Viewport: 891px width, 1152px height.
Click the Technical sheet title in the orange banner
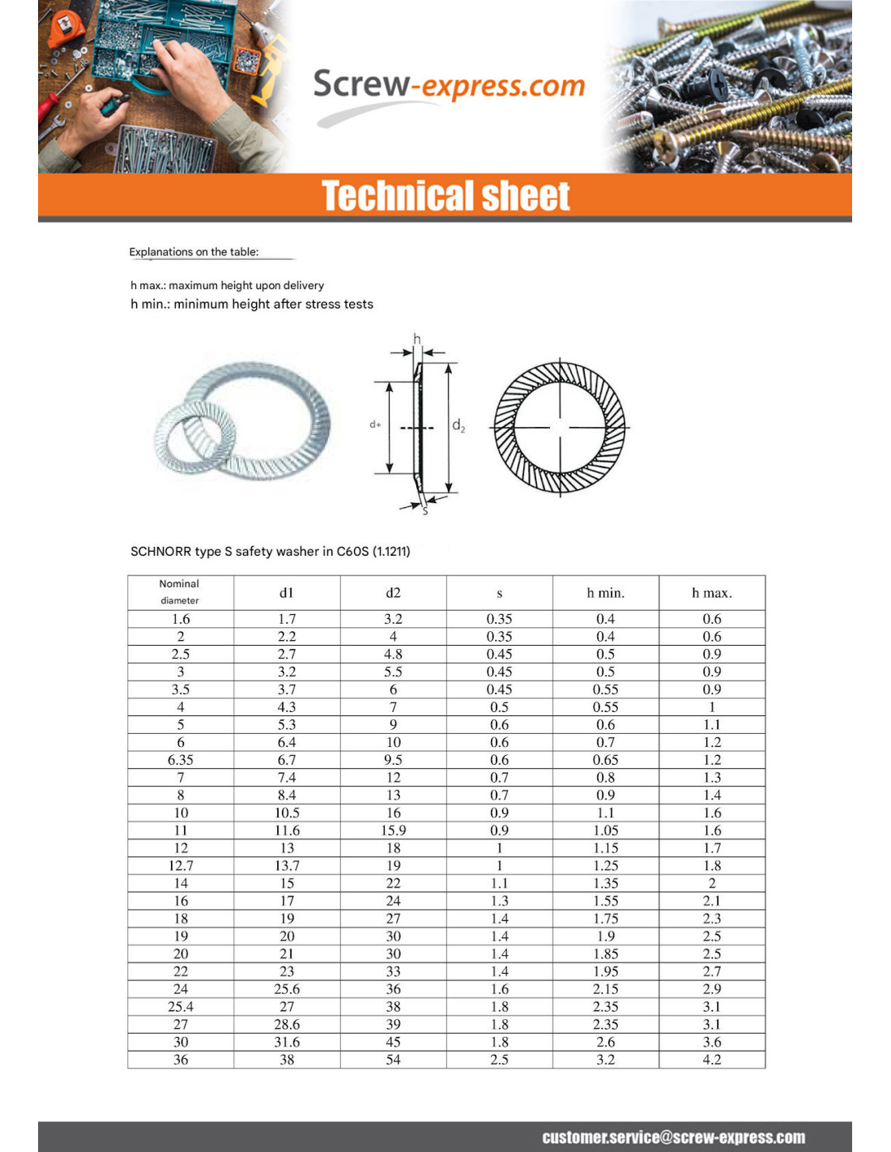tap(446, 196)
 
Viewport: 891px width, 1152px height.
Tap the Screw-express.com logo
tap(448, 86)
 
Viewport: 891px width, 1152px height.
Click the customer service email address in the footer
tap(673, 1137)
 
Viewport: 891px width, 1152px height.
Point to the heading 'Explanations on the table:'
tap(194, 252)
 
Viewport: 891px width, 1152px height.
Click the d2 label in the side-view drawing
tap(458, 425)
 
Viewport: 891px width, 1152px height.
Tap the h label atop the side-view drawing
tap(417, 339)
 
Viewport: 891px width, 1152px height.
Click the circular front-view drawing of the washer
tap(560, 427)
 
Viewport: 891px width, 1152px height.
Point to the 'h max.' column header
tap(711, 593)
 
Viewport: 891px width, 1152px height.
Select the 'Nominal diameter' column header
tap(180, 592)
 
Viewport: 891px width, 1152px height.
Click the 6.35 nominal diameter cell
tap(181, 760)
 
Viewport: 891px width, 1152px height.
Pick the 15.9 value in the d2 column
tap(393, 830)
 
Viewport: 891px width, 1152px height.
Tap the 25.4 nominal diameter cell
tap(181, 1006)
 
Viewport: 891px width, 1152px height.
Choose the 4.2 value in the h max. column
tap(711, 1060)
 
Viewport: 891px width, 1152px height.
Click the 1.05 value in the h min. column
tap(605, 830)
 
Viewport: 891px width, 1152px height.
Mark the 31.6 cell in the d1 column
tap(287, 1042)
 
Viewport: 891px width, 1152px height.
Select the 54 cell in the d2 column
tap(393, 1060)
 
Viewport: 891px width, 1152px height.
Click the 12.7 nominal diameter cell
tap(181, 865)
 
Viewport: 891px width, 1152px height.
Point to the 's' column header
tap(499, 593)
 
